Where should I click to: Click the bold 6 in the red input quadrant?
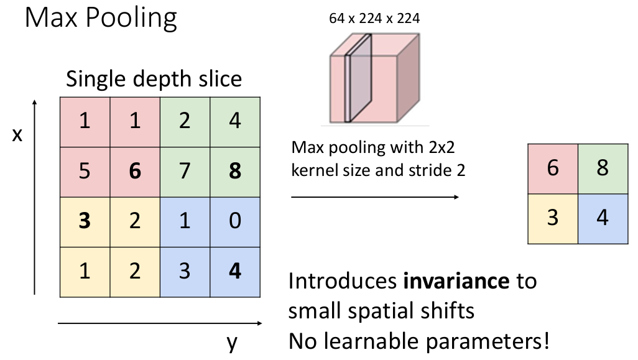(x=135, y=171)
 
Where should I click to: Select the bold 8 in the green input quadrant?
(x=234, y=171)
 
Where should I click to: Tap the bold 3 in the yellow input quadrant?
(x=85, y=221)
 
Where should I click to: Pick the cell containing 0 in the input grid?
(x=234, y=221)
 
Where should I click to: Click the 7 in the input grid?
(x=185, y=171)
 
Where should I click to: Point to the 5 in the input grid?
(x=85, y=171)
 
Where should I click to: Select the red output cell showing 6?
(x=553, y=168)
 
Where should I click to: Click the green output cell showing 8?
(x=602, y=168)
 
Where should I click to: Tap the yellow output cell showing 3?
(x=553, y=218)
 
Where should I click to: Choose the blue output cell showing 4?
(x=602, y=218)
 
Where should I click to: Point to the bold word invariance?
(x=456, y=282)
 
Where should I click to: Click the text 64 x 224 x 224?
(x=374, y=19)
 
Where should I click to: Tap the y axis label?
(x=232, y=342)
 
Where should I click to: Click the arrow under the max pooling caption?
(x=375, y=197)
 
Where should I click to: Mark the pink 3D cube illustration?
(x=373, y=78)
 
